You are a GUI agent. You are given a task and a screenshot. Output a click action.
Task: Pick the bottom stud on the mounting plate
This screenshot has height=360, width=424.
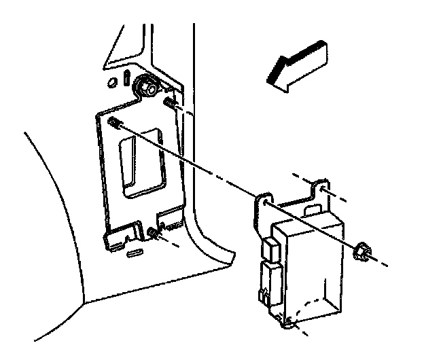[x=153, y=234]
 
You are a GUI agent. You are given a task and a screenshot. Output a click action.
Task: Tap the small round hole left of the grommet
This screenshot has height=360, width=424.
[x=113, y=84]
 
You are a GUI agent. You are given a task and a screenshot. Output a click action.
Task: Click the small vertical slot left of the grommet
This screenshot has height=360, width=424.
[x=128, y=76]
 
